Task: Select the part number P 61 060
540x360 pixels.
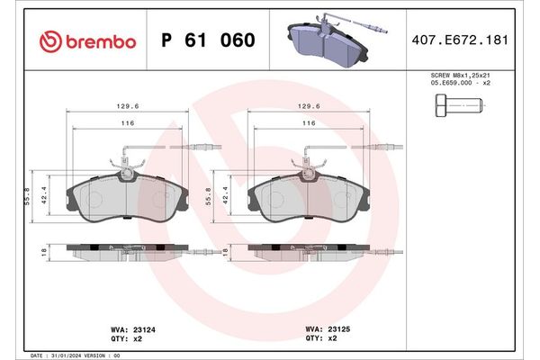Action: coord(207,40)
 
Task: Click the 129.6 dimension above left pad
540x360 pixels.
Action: coord(128,104)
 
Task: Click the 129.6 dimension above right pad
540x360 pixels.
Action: coord(308,104)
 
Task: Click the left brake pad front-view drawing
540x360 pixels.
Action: coord(128,198)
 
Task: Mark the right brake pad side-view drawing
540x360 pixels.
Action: coord(307,251)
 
